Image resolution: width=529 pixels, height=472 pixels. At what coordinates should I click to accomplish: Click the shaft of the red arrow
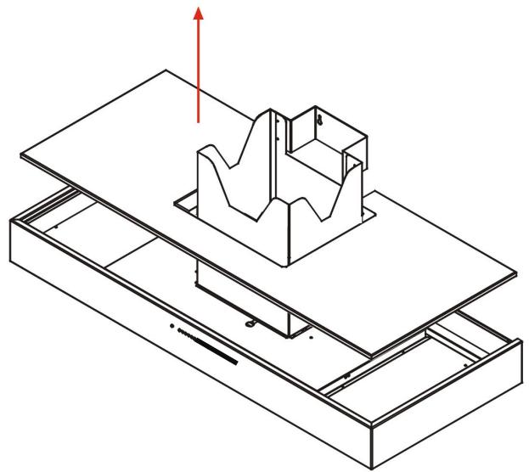(199, 76)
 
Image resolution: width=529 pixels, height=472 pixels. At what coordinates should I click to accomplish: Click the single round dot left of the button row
(172, 326)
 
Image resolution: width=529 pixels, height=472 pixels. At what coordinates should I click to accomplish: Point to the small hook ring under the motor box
(250, 323)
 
